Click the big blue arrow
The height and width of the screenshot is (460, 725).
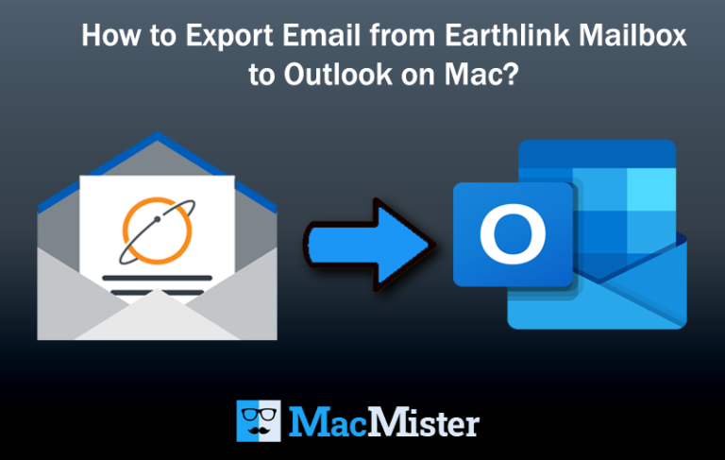pos(368,241)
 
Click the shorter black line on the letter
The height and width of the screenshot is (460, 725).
pos(157,292)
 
